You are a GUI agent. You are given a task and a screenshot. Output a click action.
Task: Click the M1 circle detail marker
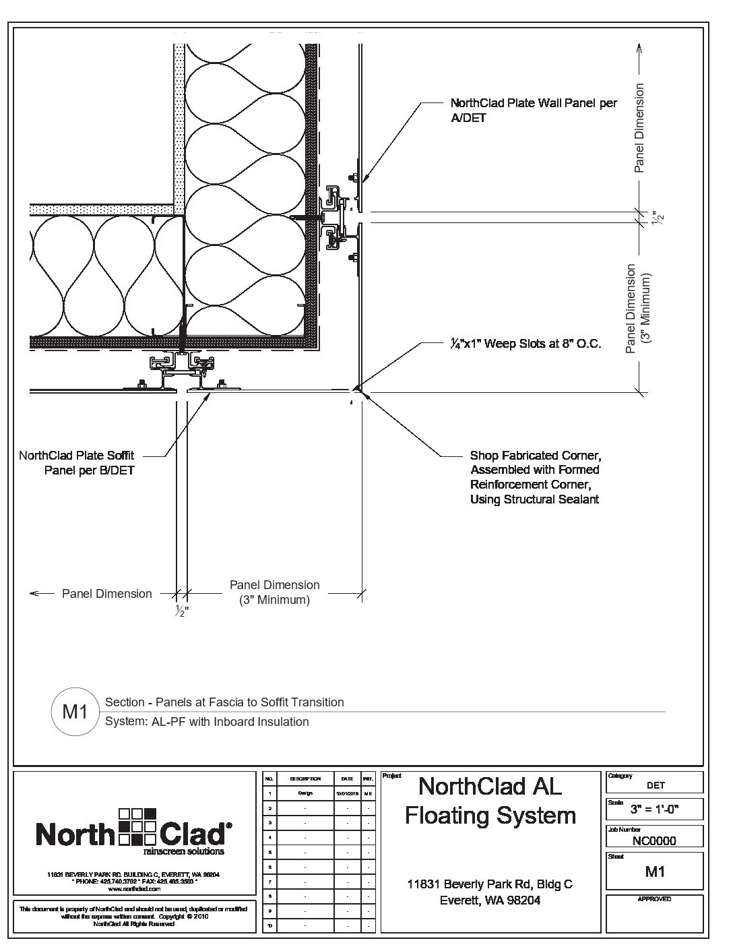coord(75,712)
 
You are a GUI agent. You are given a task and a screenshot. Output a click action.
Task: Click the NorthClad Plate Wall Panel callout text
coord(533,111)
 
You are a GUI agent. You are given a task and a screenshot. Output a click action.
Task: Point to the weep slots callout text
coord(525,344)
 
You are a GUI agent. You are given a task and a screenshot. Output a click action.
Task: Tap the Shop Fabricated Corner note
coord(535,477)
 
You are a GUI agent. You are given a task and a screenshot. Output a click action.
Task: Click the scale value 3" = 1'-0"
coord(654,809)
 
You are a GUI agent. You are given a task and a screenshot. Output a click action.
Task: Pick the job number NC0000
coord(654,840)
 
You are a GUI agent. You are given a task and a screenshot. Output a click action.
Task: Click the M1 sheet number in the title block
coord(655,871)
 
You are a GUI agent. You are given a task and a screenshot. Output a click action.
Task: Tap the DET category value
coord(655,785)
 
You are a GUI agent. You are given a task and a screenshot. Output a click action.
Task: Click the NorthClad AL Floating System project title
coord(490,801)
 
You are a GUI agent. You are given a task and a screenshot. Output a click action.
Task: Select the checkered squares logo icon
coord(137,826)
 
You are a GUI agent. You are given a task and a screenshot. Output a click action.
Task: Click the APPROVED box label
coord(654,899)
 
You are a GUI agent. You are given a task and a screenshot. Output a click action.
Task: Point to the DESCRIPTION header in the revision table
coord(305,778)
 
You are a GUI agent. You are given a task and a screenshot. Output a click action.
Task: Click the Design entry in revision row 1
coord(305,793)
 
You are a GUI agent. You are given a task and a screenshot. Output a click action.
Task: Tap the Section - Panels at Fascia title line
coord(224,702)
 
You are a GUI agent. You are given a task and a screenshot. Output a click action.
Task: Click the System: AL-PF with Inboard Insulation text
coord(207,722)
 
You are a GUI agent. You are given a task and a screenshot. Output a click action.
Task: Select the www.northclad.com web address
coord(133,889)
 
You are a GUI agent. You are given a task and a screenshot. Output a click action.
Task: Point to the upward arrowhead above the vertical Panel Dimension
coord(639,49)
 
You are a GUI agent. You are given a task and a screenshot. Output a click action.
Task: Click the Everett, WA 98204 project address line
coord(490,900)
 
